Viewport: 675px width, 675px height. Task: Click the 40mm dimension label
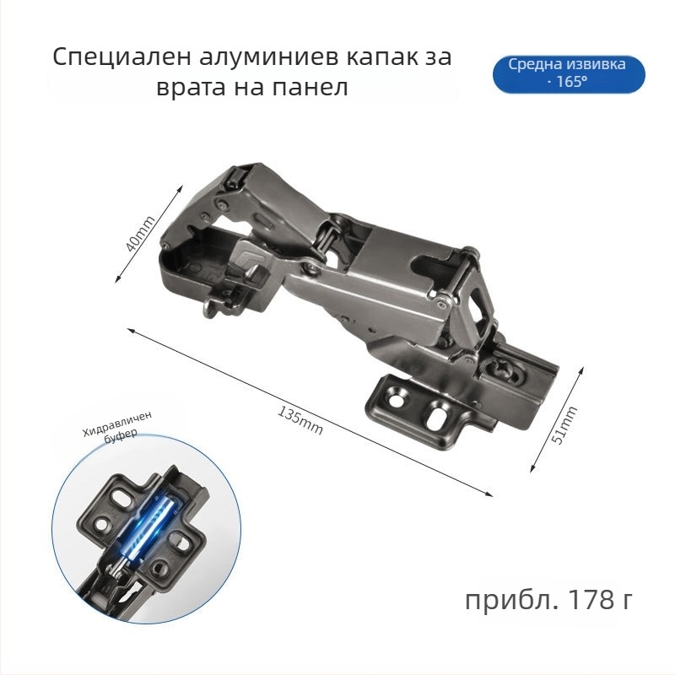pos(140,234)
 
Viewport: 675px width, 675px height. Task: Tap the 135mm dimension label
pos(300,420)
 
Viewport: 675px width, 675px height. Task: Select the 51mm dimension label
pos(564,425)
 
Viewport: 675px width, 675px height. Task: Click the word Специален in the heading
pos(121,57)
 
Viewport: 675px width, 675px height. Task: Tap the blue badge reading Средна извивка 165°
pos(569,74)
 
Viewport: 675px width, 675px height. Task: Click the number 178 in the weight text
pos(592,599)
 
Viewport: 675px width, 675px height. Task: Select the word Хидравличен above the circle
pos(117,424)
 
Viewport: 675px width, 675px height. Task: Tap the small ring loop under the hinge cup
pos(209,308)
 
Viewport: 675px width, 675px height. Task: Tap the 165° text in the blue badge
pos(572,82)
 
